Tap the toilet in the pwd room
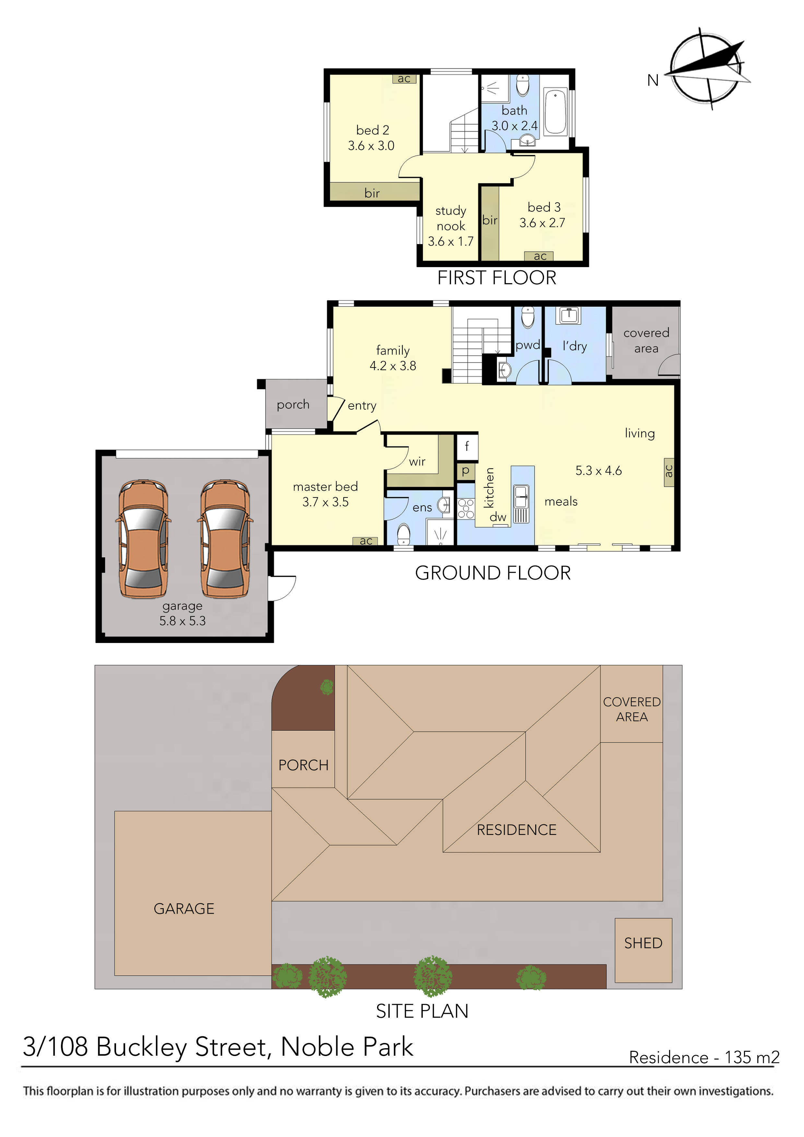pos(528,317)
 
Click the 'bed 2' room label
pos(372,130)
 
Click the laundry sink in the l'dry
pos(568,315)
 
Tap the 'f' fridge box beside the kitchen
pos(467,447)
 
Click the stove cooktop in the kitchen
pos(466,509)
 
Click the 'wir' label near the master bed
pos(417,462)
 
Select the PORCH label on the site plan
pos(303,765)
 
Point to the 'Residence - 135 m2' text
pos(703,1057)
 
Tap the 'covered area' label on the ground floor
pos(646,340)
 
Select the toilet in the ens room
pos(404,534)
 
